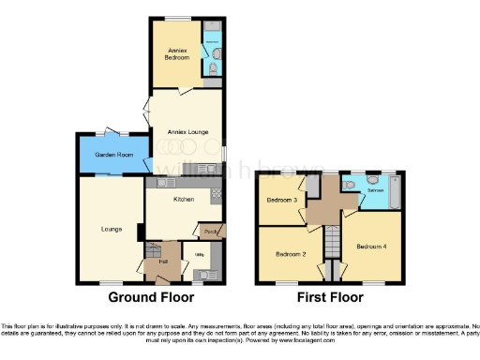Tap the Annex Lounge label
click(187, 131)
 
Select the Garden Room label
click(110, 155)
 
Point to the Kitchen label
click(183, 199)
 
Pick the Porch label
click(212, 231)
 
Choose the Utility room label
click(199, 254)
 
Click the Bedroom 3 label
click(282, 200)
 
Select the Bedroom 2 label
click(290, 253)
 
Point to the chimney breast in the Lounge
click(140, 232)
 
